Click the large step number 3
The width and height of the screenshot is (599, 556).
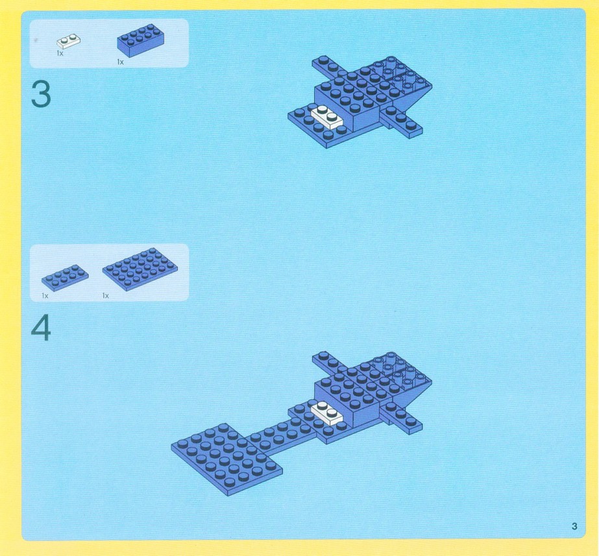[41, 95]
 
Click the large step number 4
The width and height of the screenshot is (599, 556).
[41, 328]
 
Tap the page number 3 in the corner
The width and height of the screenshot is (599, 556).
[574, 526]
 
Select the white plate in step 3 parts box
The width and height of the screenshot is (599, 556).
[68, 42]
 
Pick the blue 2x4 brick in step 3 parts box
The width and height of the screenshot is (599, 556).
[141, 40]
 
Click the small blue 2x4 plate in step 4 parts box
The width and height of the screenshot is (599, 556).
[65, 278]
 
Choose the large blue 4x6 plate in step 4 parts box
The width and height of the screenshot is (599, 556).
[140, 267]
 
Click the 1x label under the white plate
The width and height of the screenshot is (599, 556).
[60, 53]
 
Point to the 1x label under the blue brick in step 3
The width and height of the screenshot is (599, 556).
[120, 62]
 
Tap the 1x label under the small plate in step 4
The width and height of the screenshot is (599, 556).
[45, 296]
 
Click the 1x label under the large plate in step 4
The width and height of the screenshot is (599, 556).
[105, 296]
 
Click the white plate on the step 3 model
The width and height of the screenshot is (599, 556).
[327, 117]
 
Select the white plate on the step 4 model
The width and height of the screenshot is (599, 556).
[327, 413]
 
